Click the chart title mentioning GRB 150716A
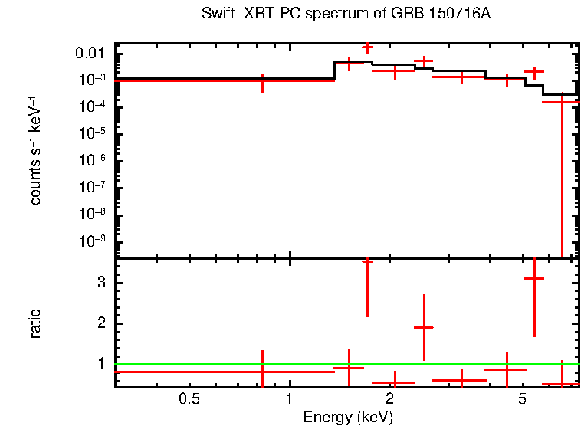[346, 15]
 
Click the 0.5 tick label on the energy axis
[189, 398]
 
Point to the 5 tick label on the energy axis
[521, 398]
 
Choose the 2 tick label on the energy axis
[389, 398]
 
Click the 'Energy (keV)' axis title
[348, 417]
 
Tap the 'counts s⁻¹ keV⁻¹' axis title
[35, 153]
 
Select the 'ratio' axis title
[35, 323]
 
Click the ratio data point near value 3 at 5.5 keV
[533, 279]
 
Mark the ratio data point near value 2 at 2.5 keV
[424, 327]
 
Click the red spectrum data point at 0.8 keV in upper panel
[263, 80]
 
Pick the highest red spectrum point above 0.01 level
[367, 48]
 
